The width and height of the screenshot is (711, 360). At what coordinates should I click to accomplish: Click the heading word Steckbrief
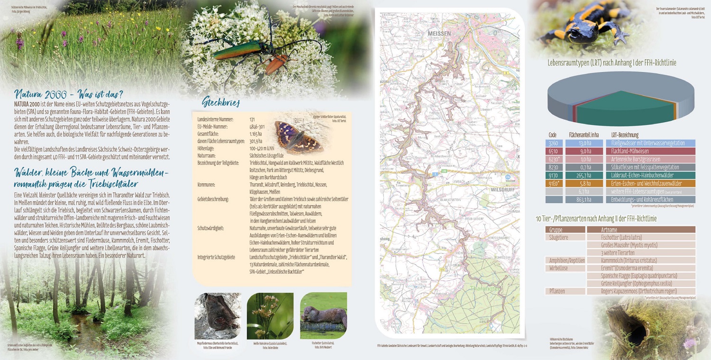221,102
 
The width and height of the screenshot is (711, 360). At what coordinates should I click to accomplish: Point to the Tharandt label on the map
484,288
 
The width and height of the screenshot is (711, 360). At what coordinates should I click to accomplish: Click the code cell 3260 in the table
553,143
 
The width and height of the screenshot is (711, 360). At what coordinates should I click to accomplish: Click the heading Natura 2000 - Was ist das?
69,93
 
